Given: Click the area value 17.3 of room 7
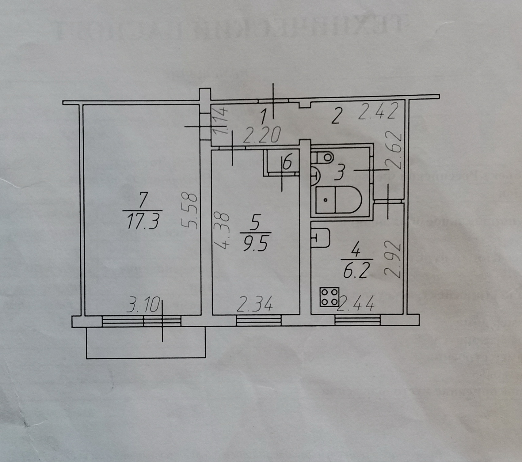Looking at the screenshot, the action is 143,222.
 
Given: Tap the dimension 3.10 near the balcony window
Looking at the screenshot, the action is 143,306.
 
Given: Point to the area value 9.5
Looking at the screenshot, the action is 256,245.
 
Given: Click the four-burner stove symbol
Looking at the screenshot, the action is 329,297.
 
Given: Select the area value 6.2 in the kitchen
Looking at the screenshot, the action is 355,271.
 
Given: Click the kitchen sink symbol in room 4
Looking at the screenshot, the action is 320,237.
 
